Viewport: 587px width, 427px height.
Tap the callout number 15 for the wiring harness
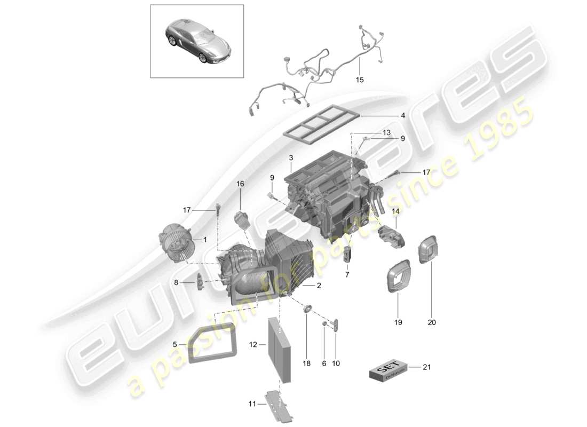(x=359, y=80)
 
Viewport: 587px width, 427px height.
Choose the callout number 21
(x=426, y=367)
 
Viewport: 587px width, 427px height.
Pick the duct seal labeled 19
(x=398, y=277)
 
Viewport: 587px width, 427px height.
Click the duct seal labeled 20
(x=431, y=250)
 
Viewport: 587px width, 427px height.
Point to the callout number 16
(x=240, y=184)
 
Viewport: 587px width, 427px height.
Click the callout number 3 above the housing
(x=291, y=157)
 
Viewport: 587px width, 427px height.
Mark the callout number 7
(x=347, y=274)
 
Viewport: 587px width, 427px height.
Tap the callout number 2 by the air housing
(x=319, y=286)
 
